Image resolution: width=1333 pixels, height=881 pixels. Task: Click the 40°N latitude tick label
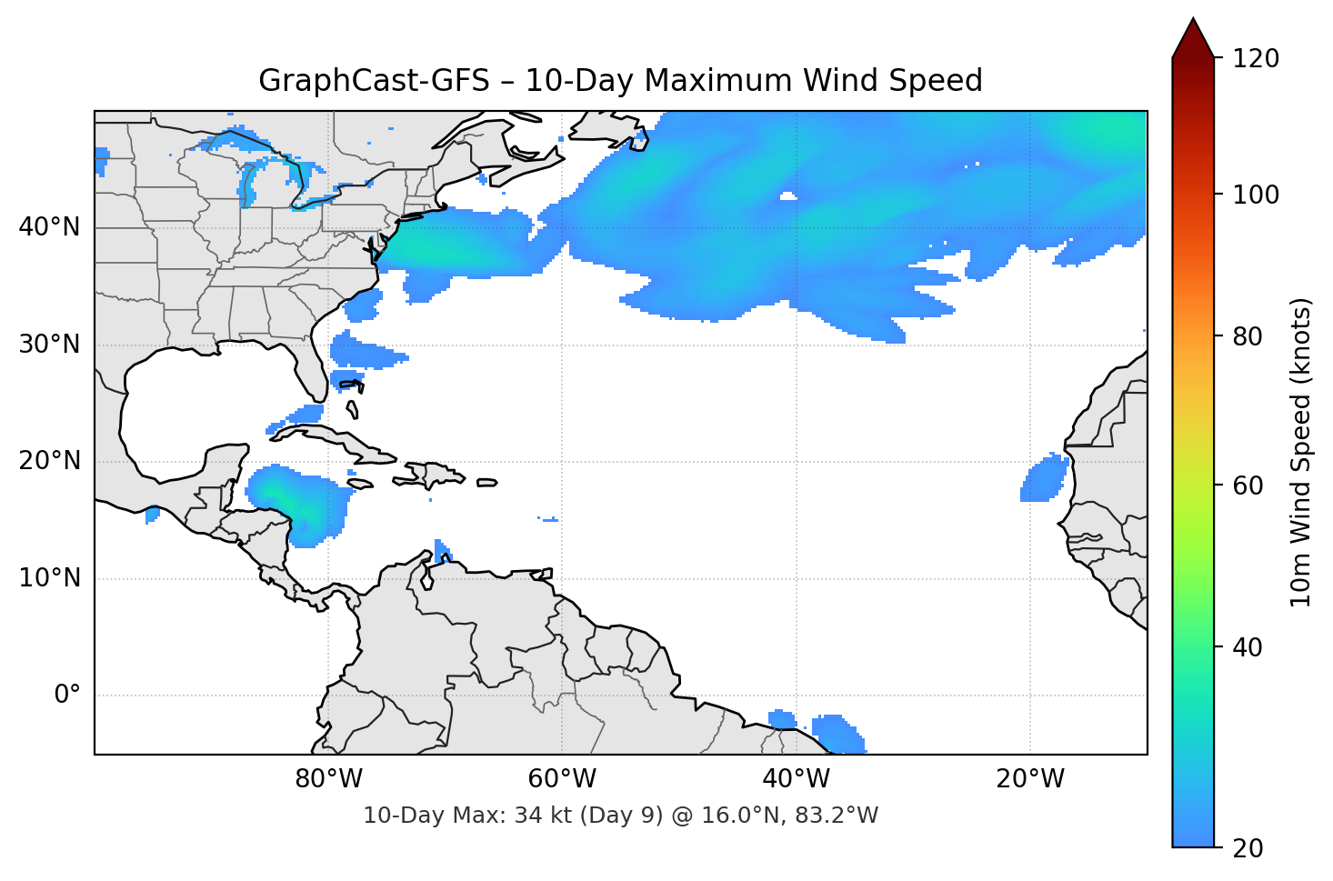(x=49, y=227)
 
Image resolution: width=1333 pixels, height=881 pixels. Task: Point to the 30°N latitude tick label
(x=49, y=345)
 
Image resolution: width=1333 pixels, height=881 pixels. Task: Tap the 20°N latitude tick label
(x=49, y=461)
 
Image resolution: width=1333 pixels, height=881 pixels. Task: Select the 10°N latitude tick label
(x=49, y=578)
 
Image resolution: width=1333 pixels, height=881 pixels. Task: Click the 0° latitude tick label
(x=67, y=696)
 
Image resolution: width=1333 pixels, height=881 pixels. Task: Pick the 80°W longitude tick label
(x=328, y=779)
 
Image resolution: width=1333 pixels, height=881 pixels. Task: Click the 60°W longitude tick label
(x=562, y=779)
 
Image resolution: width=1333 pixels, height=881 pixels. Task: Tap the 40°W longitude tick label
(x=796, y=779)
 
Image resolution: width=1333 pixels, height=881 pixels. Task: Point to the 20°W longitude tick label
(x=1030, y=779)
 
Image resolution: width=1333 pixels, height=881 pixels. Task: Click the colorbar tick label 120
(x=1256, y=59)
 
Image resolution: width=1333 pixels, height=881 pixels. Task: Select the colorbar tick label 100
(x=1256, y=195)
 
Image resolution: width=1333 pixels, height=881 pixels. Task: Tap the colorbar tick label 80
(x=1248, y=336)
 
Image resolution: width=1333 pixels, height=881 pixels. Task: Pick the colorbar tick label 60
(x=1248, y=486)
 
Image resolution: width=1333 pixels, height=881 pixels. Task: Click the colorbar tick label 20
(x=1248, y=848)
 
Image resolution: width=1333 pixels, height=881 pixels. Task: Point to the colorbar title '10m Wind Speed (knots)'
(x=1301, y=452)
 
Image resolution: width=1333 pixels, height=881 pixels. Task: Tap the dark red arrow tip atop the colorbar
(x=1193, y=36)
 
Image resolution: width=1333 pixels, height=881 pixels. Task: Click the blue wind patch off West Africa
(x=1045, y=478)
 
